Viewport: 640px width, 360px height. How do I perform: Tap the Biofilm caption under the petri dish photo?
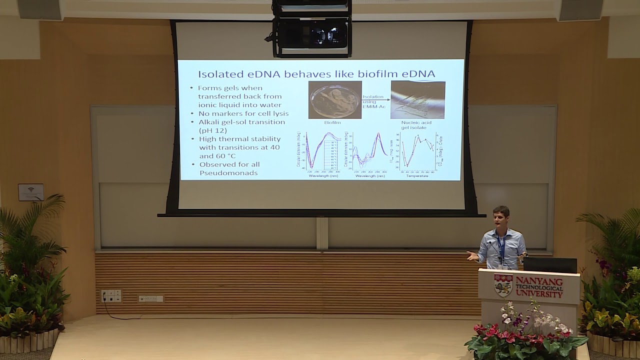(332, 122)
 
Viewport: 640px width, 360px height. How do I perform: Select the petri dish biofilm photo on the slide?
(334, 100)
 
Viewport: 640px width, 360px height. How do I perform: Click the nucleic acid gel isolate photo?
(417, 100)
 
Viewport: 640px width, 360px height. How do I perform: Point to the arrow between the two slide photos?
(375, 100)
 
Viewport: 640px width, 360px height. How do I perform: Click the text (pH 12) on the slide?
(212, 130)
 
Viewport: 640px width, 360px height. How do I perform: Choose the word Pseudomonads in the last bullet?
(228, 172)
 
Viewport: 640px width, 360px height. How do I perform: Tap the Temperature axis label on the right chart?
(417, 176)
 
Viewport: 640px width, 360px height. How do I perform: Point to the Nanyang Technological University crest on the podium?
(502, 285)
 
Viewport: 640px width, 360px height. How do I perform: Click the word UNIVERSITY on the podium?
(539, 294)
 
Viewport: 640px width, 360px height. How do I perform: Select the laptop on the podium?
(550, 264)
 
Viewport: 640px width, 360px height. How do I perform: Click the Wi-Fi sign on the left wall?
(31, 192)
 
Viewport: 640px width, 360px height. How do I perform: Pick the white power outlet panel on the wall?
(111, 296)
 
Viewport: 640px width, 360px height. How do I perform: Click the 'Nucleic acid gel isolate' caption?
(416, 125)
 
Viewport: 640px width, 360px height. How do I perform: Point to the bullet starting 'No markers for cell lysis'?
(243, 113)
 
